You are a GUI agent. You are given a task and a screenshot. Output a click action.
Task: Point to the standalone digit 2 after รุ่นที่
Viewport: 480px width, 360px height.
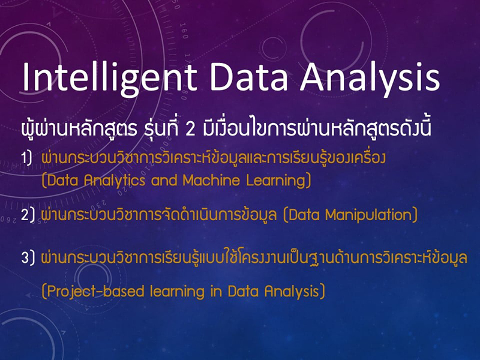click(190, 129)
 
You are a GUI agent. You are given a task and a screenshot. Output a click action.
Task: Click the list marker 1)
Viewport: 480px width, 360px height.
click(26, 158)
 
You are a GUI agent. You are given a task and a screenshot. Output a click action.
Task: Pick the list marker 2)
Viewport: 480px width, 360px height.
click(28, 215)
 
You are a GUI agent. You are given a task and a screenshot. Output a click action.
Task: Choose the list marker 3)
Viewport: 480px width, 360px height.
click(28, 257)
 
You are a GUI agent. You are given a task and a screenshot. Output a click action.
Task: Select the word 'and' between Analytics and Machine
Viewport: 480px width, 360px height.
click(164, 180)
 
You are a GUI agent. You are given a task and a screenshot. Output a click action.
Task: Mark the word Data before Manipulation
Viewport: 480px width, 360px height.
click(304, 215)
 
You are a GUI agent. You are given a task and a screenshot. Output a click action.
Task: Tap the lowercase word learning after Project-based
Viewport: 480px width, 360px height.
click(177, 292)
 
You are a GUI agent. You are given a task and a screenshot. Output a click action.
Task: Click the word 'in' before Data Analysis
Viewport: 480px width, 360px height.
click(216, 290)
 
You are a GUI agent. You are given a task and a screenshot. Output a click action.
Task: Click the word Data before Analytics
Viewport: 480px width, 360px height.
click(63, 180)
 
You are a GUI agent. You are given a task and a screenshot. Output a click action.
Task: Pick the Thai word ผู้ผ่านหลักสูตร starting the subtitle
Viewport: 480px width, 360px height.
click(79, 128)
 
